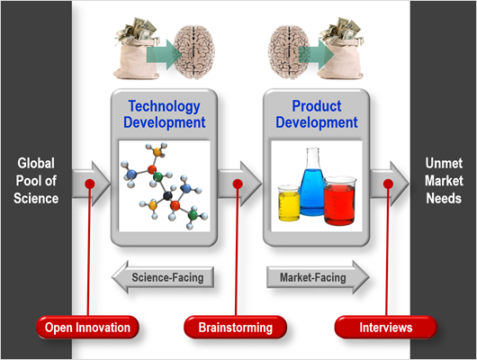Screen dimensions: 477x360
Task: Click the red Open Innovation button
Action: [87, 328]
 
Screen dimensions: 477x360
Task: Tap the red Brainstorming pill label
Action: [235, 328]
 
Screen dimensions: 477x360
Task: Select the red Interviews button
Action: [386, 328]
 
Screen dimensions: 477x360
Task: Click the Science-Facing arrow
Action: [163, 277]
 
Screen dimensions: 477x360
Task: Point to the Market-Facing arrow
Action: [319, 277]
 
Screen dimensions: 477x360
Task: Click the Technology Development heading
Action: [165, 114]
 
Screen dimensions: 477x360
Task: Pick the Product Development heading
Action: [317, 114]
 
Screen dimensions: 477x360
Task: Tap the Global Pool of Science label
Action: [36, 181]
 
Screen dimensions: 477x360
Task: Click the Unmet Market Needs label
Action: [444, 181]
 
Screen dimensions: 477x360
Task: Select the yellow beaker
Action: [289, 203]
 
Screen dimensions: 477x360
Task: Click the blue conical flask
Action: [312, 182]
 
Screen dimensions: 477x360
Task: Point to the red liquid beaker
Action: [339, 201]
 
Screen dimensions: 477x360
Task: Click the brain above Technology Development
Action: [194, 52]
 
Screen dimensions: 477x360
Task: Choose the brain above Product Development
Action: [289, 52]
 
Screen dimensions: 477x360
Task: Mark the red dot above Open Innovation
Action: [90, 184]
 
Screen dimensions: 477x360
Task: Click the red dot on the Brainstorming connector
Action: [238, 184]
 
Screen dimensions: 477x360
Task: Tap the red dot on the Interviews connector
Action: [388, 184]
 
